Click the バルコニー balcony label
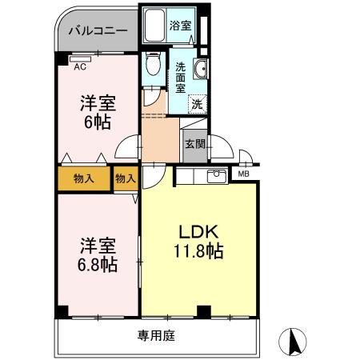(x=97, y=32)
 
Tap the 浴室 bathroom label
(x=180, y=26)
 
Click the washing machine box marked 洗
(x=195, y=103)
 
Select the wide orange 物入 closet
(x=83, y=178)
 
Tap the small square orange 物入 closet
(x=126, y=178)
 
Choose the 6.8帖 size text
(x=97, y=265)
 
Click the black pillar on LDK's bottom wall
(x=203, y=310)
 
